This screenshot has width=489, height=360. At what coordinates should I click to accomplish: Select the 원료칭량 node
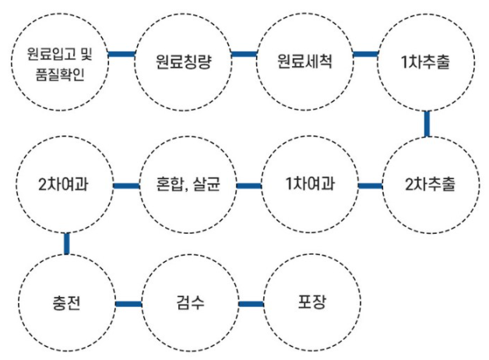click(183, 60)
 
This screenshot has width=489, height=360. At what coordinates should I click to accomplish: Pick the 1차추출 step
click(426, 60)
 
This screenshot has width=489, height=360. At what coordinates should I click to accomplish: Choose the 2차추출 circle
click(431, 185)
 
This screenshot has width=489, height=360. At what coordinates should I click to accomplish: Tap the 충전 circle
click(65, 302)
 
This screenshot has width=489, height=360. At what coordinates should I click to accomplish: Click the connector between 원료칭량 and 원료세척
click(244, 55)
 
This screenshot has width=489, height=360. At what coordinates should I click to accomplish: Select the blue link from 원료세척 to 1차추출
click(365, 55)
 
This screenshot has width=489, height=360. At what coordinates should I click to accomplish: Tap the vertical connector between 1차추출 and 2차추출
click(427, 123)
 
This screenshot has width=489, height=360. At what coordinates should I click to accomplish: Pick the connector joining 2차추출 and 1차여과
click(370, 186)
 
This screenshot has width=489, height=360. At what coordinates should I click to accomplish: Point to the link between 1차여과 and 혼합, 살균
click(248, 186)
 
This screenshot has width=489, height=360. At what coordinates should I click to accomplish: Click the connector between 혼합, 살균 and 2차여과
click(126, 186)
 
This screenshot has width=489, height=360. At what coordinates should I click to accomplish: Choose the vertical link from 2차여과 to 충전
click(67, 243)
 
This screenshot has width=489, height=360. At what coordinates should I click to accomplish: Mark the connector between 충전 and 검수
click(128, 302)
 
